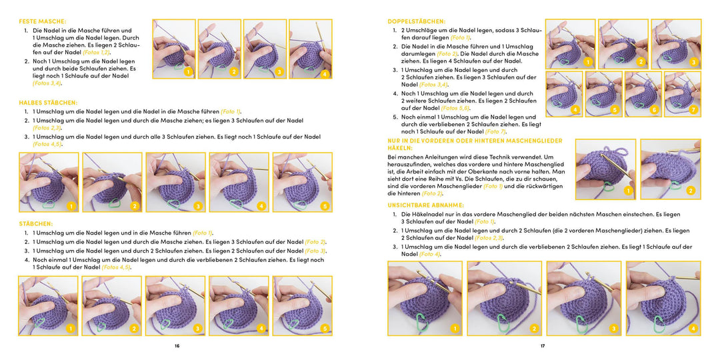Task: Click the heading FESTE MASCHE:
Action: tap(43, 22)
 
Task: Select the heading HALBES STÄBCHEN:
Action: tap(48, 103)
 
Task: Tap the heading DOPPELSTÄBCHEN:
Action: tap(417, 22)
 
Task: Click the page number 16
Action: tap(177, 346)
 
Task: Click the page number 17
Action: tap(543, 346)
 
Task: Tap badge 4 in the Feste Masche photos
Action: tap(325, 73)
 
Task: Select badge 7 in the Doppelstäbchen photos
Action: tap(693, 109)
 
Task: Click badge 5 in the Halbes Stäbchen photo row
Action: tap(325, 207)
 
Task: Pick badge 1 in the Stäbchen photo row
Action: tap(70, 329)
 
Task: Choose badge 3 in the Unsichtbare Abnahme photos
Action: tap(613, 329)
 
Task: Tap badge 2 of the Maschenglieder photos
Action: tap(690, 191)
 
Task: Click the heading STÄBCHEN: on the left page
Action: tap(36, 224)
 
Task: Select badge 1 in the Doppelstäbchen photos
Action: tap(587, 62)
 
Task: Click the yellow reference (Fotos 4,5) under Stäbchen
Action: tap(116, 267)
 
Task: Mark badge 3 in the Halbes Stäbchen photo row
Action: tap(198, 207)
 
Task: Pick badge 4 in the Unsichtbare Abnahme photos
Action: tap(693, 329)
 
